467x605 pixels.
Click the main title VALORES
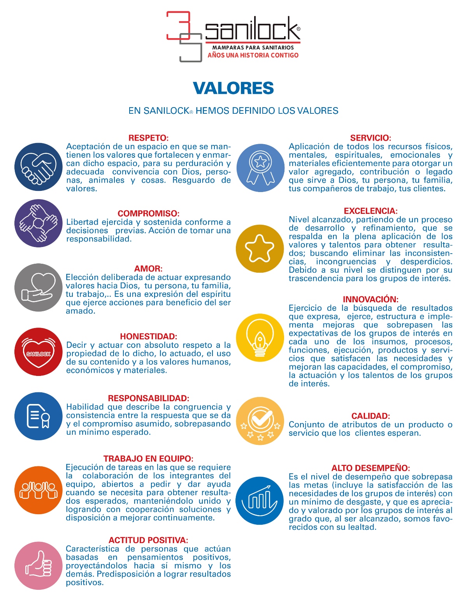point(233,88)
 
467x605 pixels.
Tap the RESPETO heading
point(148,138)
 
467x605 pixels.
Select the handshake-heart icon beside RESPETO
point(39,167)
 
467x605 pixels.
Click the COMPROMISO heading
point(148,213)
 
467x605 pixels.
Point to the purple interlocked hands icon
point(39,223)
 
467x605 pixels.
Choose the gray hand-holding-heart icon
point(39,288)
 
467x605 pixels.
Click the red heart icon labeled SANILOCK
point(39,352)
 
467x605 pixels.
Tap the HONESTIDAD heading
point(148,336)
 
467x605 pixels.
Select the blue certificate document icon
point(39,416)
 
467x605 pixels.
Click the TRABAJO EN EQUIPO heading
point(148,459)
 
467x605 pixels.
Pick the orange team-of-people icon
point(39,490)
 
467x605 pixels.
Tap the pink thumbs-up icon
point(39,566)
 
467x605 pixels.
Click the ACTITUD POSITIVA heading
point(148,540)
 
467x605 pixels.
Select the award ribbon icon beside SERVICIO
point(260,168)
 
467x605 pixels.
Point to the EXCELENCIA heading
point(370,211)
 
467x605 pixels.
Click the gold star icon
point(260,249)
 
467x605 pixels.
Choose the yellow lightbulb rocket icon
point(260,338)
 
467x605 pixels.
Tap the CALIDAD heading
point(370,416)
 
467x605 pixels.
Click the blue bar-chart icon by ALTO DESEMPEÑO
point(260,501)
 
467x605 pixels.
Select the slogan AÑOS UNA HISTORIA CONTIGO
point(253,55)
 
